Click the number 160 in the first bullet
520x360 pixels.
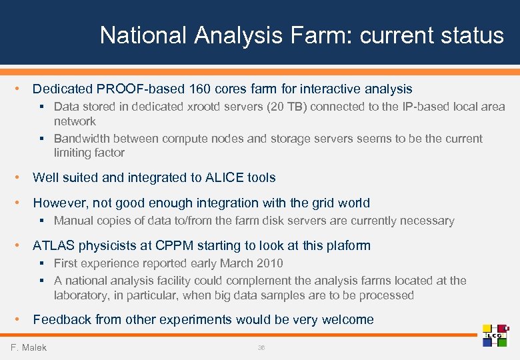200,89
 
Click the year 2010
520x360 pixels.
269,263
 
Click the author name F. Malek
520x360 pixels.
29,347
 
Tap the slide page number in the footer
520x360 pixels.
261,347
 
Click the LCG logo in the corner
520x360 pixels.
495,335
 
